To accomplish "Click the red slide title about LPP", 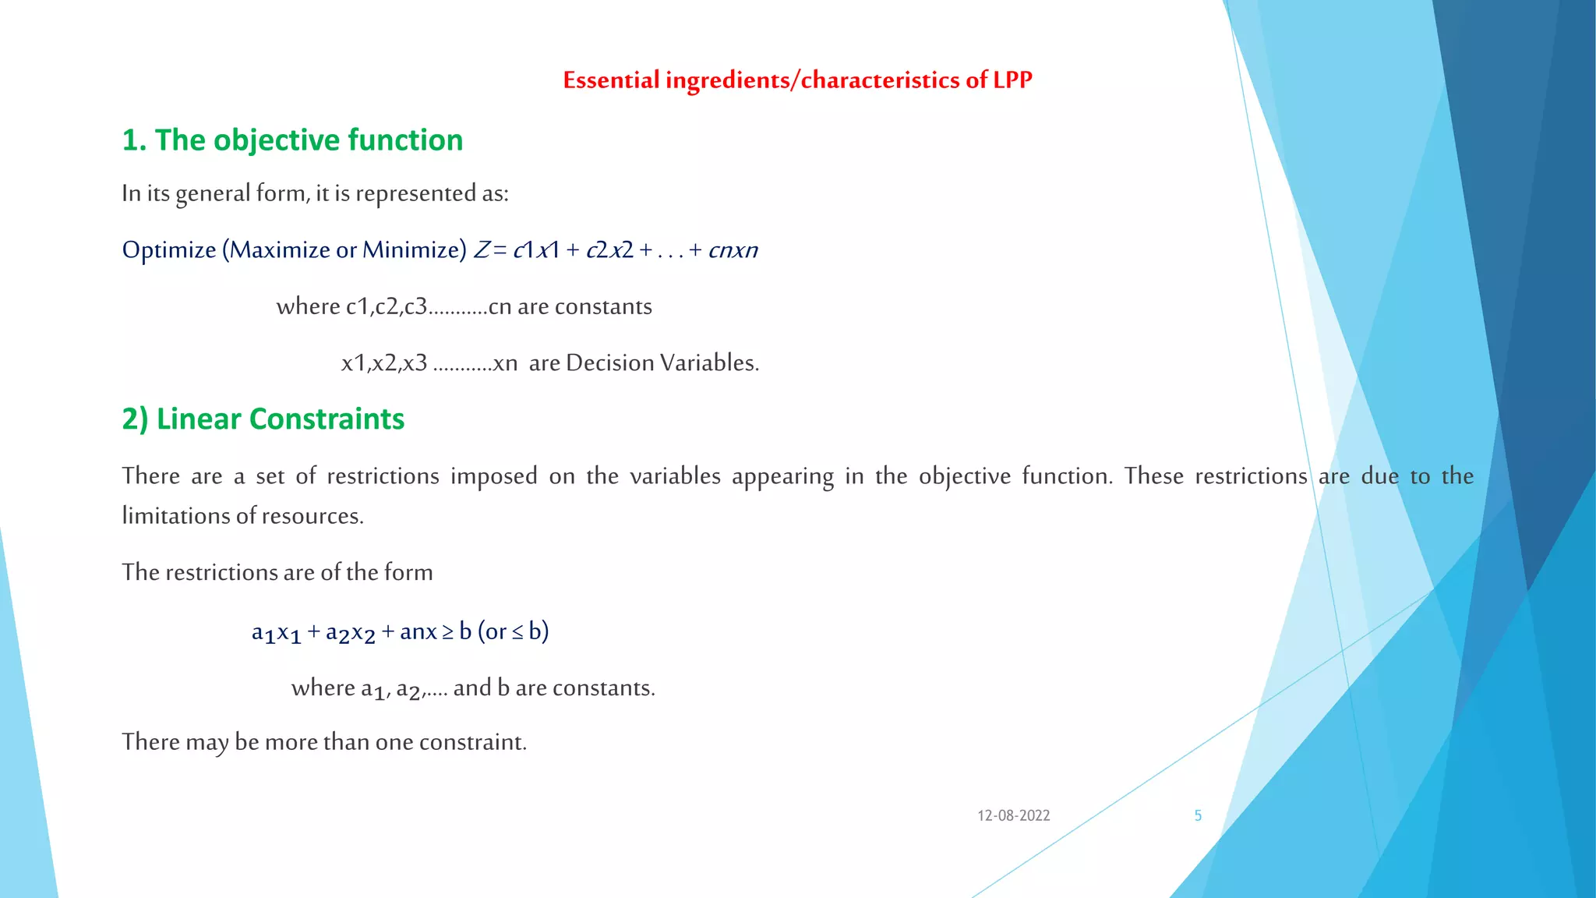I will point(797,80).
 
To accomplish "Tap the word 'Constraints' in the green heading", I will point(327,419).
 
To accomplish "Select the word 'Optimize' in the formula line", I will point(169,250).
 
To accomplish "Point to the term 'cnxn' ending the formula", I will point(733,250).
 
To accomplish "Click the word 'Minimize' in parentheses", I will point(414,250).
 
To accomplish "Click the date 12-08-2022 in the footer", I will point(1014,816).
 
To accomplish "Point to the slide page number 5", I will point(1198,816).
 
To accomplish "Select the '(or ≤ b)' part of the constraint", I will point(513,631).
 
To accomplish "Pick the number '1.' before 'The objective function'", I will point(134,141).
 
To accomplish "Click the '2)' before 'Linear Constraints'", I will point(135,419).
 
